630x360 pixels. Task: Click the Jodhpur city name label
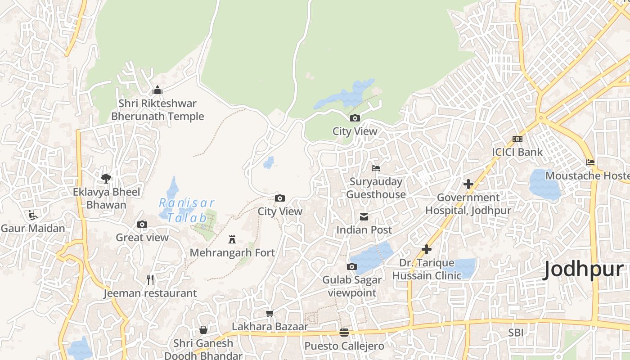tap(584, 270)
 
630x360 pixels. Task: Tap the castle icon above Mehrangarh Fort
tap(232, 239)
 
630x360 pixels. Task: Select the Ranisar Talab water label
tap(187, 210)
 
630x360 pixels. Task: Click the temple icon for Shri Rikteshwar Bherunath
tap(157, 90)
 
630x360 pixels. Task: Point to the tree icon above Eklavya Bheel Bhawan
tap(106, 179)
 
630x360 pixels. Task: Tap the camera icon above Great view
tap(142, 224)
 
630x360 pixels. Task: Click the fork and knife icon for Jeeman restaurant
tap(150, 280)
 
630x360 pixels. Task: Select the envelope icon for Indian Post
tap(364, 217)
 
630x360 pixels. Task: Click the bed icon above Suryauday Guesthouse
tap(376, 168)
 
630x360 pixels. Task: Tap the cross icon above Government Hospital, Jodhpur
tap(468, 184)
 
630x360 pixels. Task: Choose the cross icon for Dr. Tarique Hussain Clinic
tap(426, 249)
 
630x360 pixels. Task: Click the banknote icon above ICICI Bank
tap(517, 139)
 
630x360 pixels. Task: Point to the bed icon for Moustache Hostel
tap(590, 162)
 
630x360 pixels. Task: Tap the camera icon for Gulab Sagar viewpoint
tap(352, 267)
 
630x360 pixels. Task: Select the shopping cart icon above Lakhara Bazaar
tap(270, 313)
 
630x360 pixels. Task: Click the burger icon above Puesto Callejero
tap(344, 333)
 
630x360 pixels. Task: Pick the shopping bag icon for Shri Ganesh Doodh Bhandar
tap(203, 330)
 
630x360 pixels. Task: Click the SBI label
tap(516, 333)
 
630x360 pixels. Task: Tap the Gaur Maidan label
tap(33, 228)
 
